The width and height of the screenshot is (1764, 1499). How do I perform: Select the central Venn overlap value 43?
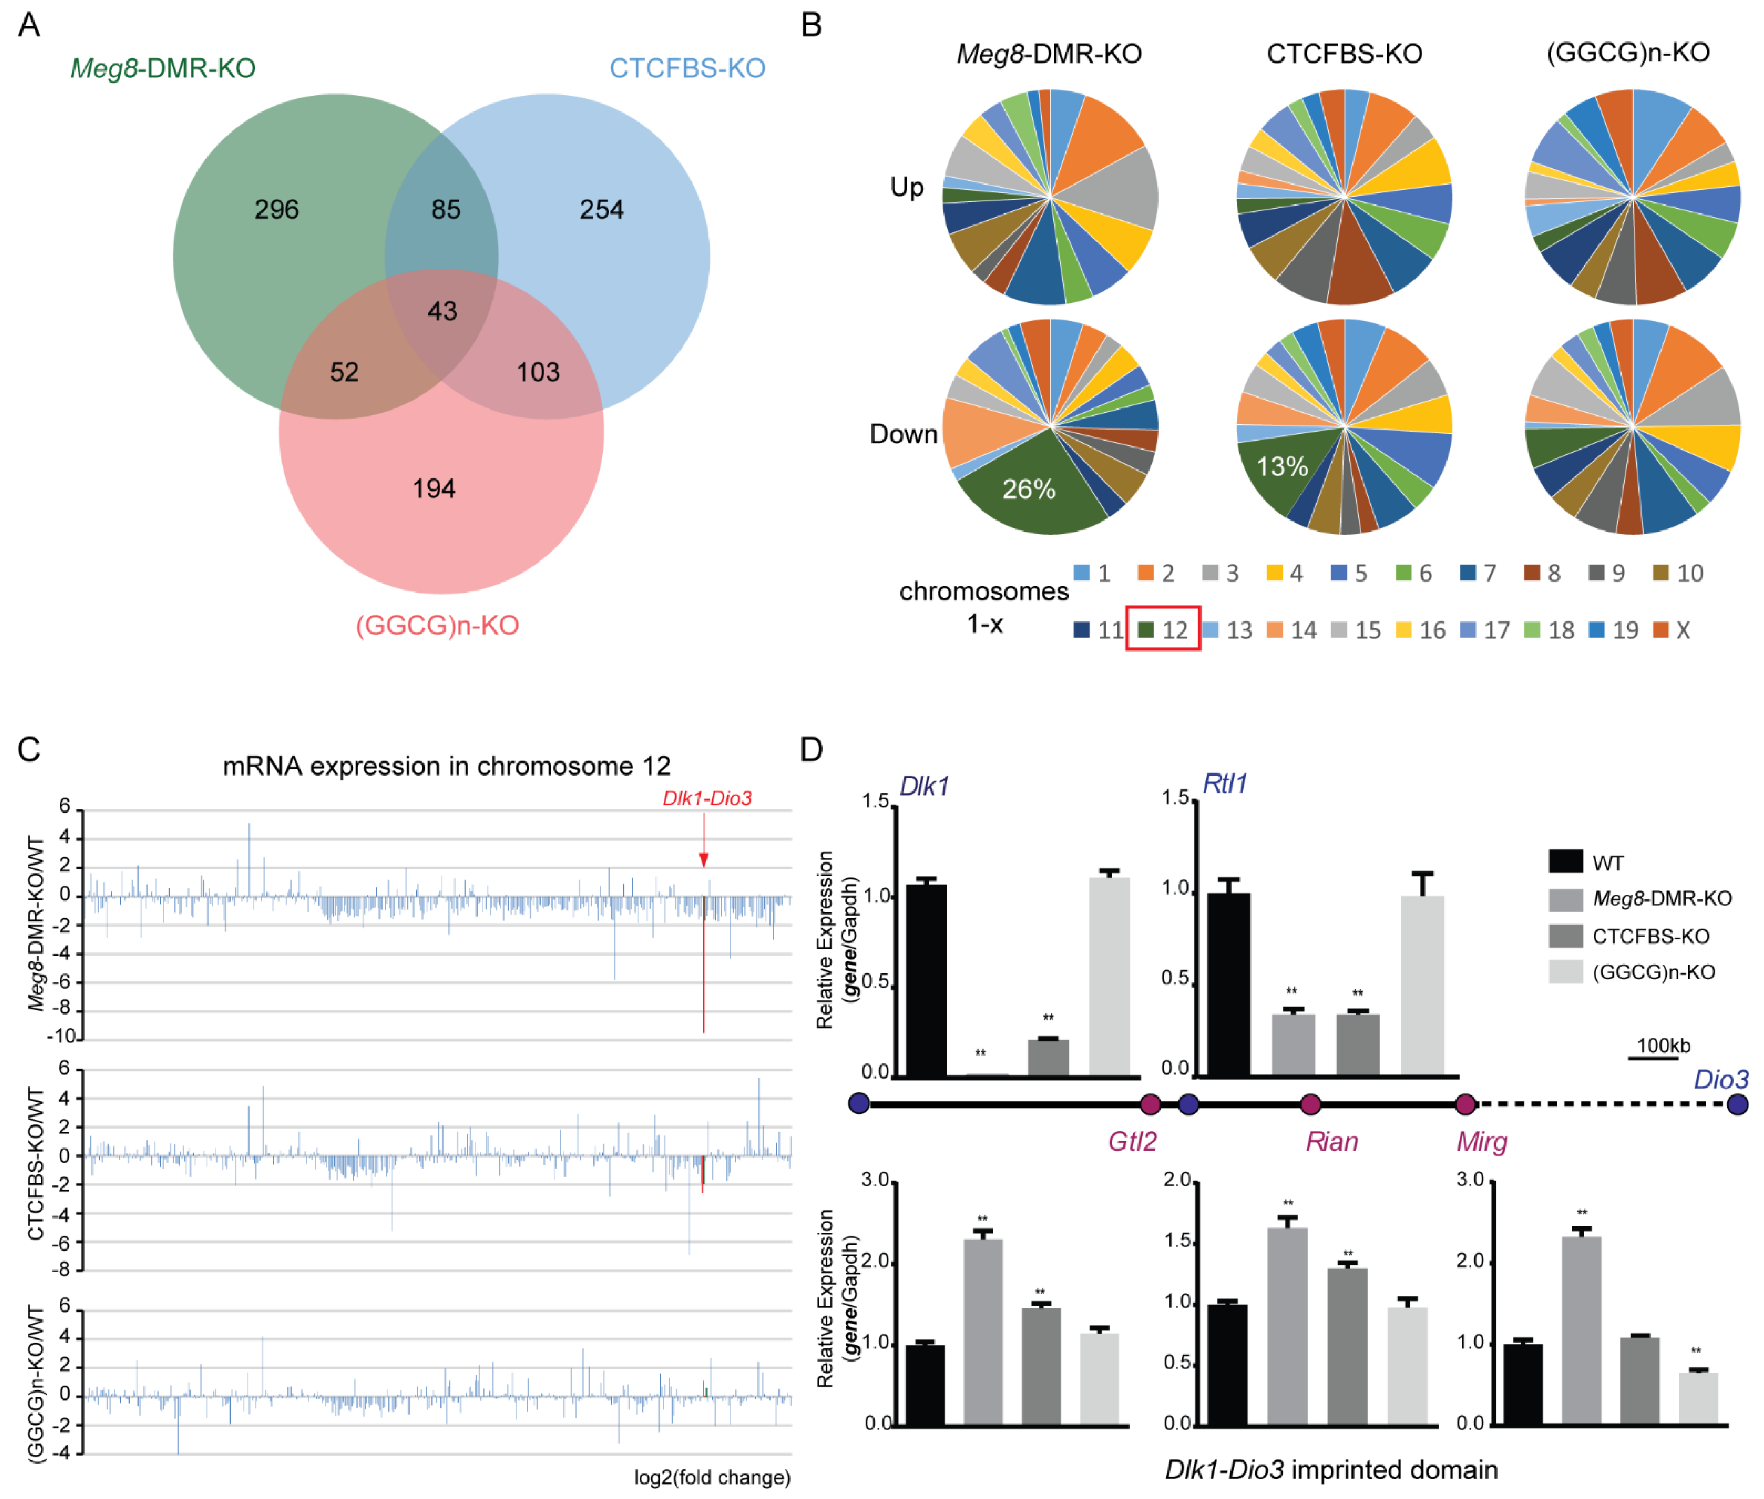[x=442, y=311]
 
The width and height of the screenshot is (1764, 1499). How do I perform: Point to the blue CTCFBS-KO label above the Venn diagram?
[x=687, y=68]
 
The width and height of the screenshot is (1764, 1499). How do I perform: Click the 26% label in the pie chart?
[x=1029, y=489]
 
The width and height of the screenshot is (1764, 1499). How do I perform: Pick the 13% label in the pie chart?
[x=1282, y=467]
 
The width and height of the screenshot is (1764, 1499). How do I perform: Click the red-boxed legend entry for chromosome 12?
[x=1163, y=630]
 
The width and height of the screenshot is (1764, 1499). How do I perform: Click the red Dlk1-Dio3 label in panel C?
[x=707, y=798]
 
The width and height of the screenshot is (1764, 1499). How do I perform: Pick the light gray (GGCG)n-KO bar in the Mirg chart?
[x=1699, y=1398]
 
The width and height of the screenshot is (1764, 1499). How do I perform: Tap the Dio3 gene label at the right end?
[x=1720, y=1079]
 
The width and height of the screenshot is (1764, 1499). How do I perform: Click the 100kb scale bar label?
[x=1664, y=1045]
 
